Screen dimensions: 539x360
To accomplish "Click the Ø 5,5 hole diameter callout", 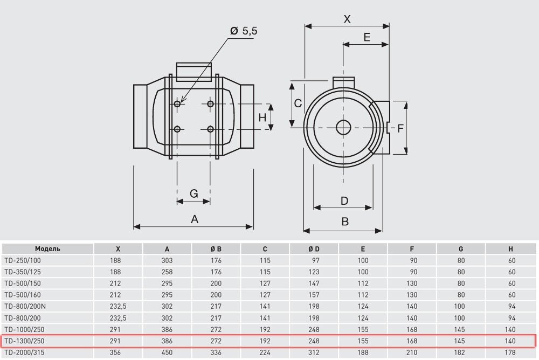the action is pyautogui.click(x=244, y=31).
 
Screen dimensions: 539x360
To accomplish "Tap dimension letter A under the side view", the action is pyautogui.click(x=195, y=219).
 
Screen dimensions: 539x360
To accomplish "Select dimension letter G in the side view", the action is pyautogui.click(x=194, y=193).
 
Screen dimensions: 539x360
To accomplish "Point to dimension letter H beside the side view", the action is pyautogui.click(x=262, y=117).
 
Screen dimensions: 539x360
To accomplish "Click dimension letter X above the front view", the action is pyautogui.click(x=347, y=19).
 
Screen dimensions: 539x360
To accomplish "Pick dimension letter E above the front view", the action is pyautogui.click(x=367, y=37).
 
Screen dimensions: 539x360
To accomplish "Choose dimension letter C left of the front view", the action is pyautogui.click(x=297, y=103).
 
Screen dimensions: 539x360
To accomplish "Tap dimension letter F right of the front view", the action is pyautogui.click(x=400, y=128).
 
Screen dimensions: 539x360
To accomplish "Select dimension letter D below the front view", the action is pyautogui.click(x=344, y=201).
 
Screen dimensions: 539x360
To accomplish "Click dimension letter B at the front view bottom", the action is pyautogui.click(x=345, y=221).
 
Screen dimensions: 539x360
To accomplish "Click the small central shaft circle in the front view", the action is pyautogui.click(x=343, y=128).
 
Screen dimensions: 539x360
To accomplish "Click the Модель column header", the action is pyautogui.click(x=47, y=249).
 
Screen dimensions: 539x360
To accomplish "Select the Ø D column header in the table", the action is pyautogui.click(x=314, y=249).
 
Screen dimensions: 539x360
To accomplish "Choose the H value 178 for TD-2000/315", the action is pyautogui.click(x=512, y=352).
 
